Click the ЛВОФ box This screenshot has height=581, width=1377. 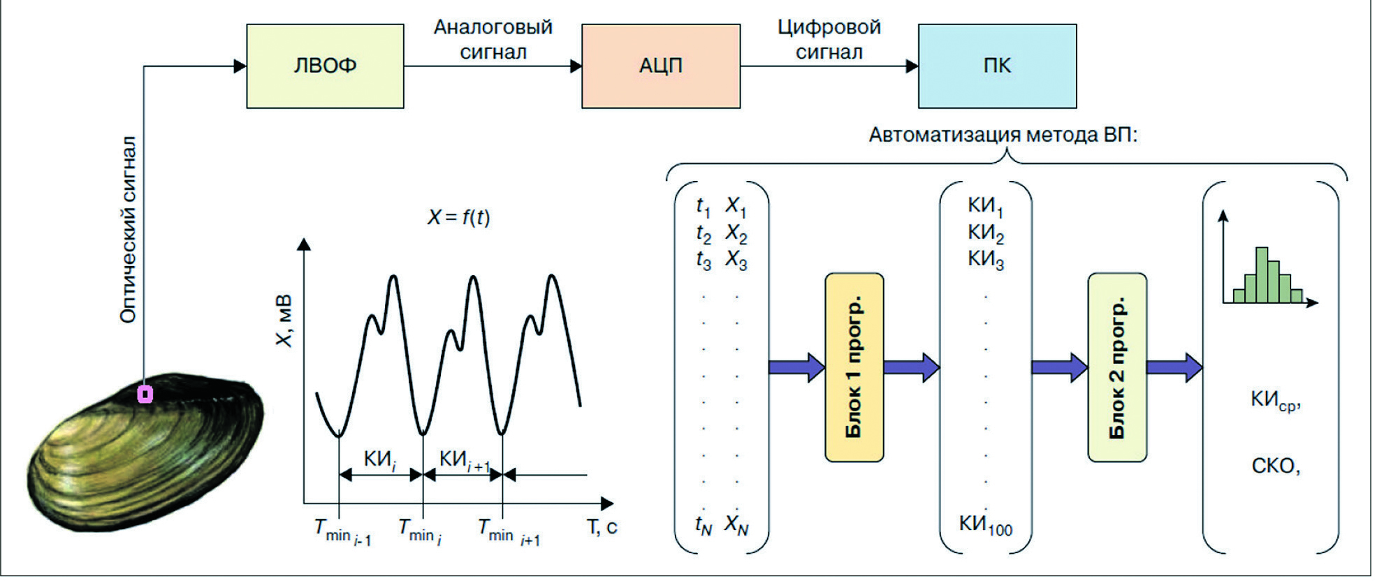tap(325, 66)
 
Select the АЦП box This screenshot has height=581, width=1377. tap(660, 66)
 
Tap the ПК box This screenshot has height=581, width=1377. tap(997, 66)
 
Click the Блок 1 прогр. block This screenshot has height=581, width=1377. tap(854, 367)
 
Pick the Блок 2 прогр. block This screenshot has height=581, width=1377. tap(1116, 367)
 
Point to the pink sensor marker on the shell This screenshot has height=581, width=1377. tap(145, 395)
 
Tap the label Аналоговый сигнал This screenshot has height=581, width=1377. tap(493, 39)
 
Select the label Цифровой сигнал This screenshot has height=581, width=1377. tap(829, 39)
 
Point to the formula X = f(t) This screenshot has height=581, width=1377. tap(458, 217)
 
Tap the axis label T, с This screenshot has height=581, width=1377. tap(601, 527)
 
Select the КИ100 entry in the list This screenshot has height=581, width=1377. tap(985, 525)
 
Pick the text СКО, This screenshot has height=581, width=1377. tap(1275, 466)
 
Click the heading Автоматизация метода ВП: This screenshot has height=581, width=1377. tap(1003, 135)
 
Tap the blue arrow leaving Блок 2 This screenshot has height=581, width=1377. tap(1174, 367)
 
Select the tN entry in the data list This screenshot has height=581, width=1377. tap(703, 525)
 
